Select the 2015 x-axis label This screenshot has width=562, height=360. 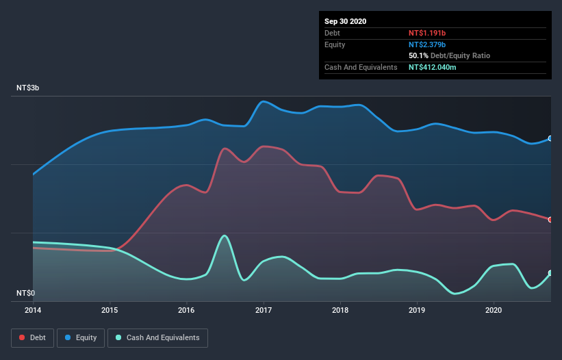tap(110, 309)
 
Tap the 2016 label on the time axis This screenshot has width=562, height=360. tap(186, 309)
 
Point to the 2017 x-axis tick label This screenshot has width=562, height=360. tap(264, 309)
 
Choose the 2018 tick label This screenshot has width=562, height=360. tap(340, 309)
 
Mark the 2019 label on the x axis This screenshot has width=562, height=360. tap(417, 309)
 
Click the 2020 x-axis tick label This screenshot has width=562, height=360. tap(494, 309)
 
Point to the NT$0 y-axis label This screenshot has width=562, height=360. tap(25, 293)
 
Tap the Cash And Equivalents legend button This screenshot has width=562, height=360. tap(157, 337)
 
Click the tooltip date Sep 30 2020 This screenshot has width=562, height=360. tap(346, 21)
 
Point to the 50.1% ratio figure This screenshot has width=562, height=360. tap(418, 55)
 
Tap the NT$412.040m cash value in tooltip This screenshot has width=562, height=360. tap(437, 67)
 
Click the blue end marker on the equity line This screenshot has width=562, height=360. tap(550, 138)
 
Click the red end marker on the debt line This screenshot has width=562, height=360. tap(550, 220)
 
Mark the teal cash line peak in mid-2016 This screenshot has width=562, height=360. tap(225, 235)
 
